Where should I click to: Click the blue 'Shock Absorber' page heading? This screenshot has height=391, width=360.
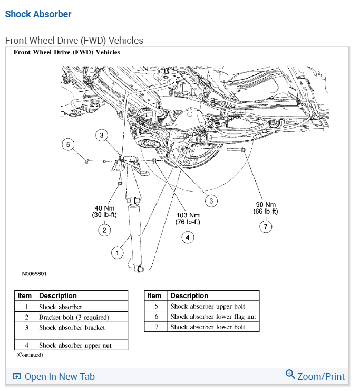point(38,14)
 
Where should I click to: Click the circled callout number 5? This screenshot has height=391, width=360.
point(67,144)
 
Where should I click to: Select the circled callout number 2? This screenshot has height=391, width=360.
point(104,230)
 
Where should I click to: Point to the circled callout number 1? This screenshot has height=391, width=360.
point(116,253)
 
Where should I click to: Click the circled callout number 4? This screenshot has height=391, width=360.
point(188,237)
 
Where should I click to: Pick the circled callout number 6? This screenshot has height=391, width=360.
point(211,201)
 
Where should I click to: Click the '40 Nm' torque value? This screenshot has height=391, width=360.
point(104,207)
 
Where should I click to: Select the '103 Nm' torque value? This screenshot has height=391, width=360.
point(188,215)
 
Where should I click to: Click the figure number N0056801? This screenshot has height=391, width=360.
point(34,274)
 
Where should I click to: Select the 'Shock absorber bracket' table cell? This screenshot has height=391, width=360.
point(72,328)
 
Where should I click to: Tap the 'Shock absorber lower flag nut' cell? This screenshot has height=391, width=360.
point(213,317)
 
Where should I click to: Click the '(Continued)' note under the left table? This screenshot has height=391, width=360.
point(29,355)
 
